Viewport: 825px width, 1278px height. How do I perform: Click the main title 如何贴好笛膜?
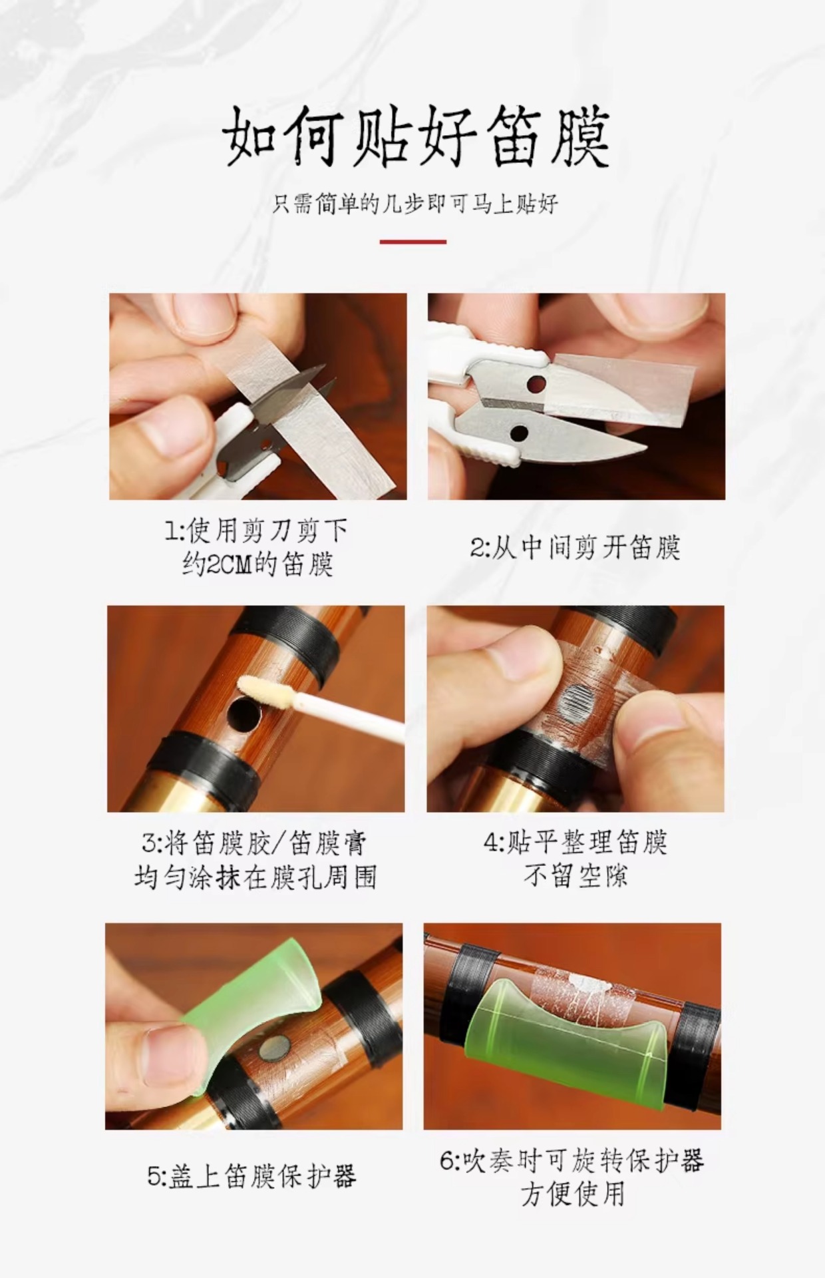pyautogui.click(x=415, y=138)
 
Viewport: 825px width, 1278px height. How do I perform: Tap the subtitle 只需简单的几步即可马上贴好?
pyautogui.click(x=415, y=204)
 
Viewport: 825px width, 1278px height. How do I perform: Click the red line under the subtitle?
pyautogui.click(x=413, y=242)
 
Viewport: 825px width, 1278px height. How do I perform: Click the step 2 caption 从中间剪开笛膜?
pyautogui.click(x=576, y=548)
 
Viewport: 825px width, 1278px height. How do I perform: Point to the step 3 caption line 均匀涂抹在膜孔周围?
pyautogui.click(x=255, y=877)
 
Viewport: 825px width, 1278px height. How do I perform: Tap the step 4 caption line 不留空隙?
pyautogui.click(x=576, y=876)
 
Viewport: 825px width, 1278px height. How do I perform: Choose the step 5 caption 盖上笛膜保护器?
pyautogui.click(x=252, y=1175)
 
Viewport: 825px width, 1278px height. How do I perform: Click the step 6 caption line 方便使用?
pyautogui.click(x=573, y=1194)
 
